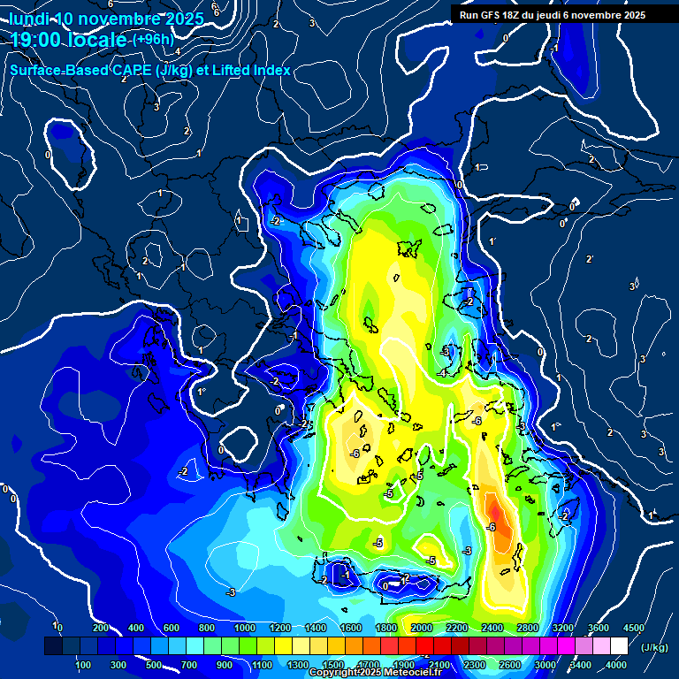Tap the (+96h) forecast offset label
[x=153, y=39]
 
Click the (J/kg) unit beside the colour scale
[x=655, y=648]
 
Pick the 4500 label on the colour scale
[x=634, y=628]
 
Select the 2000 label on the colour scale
[x=421, y=628]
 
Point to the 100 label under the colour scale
[x=83, y=665]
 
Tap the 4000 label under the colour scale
[x=616, y=665]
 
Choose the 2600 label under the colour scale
[x=509, y=665]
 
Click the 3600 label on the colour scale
[x=599, y=628]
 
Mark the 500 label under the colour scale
[x=154, y=665]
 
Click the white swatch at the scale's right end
[x=625, y=647]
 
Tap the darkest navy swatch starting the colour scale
[x=53, y=647]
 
